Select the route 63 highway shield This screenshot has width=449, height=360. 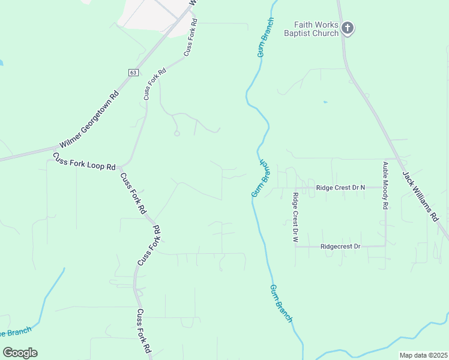[x=133, y=72]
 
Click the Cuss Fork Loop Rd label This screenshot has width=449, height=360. [x=84, y=162]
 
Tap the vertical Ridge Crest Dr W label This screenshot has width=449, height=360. [x=295, y=217]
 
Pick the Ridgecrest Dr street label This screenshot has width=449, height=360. [x=340, y=246]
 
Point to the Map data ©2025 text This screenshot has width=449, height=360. [x=423, y=355]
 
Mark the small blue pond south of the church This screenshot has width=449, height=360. [x=325, y=102]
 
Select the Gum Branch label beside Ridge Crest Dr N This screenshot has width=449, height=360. [x=263, y=179]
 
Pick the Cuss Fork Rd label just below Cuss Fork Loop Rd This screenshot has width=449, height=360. [x=133, y=193]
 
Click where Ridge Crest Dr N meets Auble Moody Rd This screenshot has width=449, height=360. [x=385, y=188]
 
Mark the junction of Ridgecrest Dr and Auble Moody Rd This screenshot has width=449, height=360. [x=385, y=246]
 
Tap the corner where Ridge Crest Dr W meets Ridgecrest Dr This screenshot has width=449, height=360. [x=295, y=246]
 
